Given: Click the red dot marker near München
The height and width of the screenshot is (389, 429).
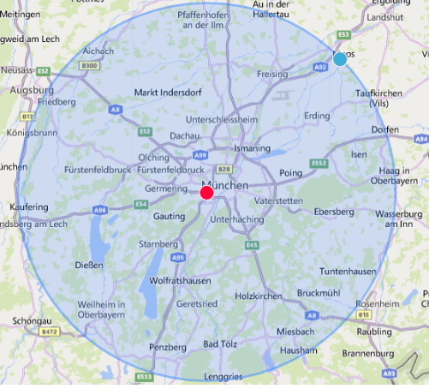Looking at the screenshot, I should click(206, 194).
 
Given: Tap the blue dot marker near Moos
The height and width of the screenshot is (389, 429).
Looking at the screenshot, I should click(340, 59).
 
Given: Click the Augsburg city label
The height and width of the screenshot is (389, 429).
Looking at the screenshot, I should click(32, 89).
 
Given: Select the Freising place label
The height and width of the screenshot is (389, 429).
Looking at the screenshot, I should click(271, 75).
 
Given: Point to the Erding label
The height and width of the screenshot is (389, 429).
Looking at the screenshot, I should click(316, 115).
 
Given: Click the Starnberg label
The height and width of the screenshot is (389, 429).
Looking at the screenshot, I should click(158, 244).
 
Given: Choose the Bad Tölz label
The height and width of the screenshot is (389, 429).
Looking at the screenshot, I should click(221, 344).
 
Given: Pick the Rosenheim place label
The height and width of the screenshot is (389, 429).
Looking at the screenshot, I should click(377, 304).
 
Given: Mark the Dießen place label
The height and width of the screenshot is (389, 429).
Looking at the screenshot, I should click(90, 265).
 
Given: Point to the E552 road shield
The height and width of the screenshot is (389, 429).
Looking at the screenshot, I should click(319, 162).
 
